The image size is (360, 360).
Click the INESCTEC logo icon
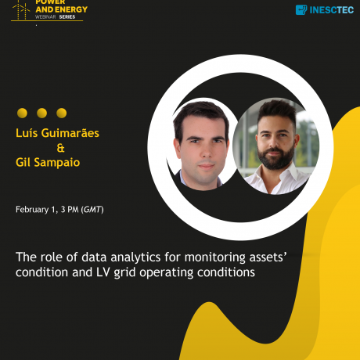click(x=301, y=9)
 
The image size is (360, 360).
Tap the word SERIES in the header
click(x=67, y=17)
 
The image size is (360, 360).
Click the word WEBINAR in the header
click(x=45, y=17)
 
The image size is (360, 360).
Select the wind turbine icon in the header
click(x=21, y=9)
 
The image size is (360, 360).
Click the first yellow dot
click(x=22, y=113)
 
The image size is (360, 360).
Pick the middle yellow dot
click(x=41, y=113)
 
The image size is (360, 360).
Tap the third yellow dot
click(x=62, y=113)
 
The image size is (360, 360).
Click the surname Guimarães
click(x=70, y=133)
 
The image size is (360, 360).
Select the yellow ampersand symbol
click(x=60, y=148)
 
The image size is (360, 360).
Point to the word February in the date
click(x=32, y=210)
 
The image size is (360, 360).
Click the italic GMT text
click(x=92, y=210)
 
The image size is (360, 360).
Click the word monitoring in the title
click(x=215, y=257)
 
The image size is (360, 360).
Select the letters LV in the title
click(x=103, y=272)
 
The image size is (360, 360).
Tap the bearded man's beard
click(x=276, y=158)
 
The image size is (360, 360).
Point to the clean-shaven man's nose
click(x=206, y=151)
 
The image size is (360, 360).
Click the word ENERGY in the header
click(x=71, y=9)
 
